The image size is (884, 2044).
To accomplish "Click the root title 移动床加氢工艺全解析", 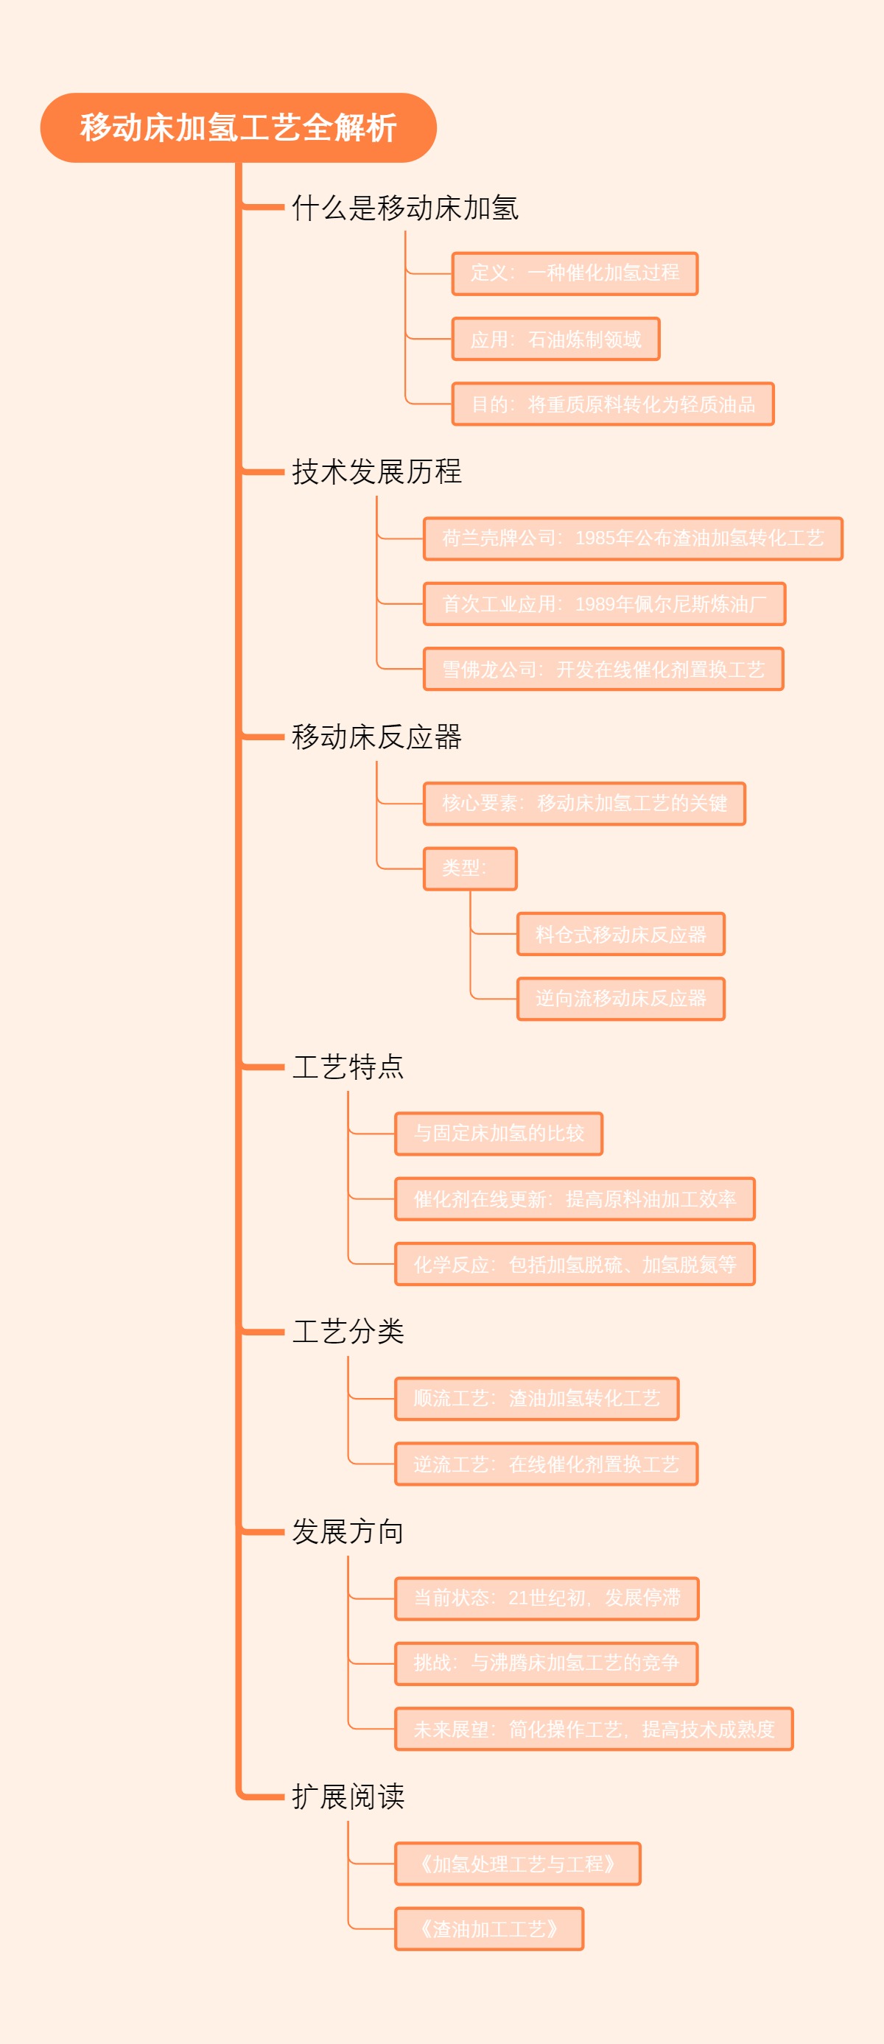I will (x=238, y=127).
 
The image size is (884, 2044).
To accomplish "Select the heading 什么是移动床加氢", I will (x=404, y=208).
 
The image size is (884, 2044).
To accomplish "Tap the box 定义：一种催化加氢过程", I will (x=575, y=274).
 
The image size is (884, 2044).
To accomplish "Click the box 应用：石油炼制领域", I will (x=555, y=340).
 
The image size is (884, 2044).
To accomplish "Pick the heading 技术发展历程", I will (x=376, y=471).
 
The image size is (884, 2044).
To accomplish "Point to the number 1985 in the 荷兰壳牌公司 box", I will (x=594, y=538).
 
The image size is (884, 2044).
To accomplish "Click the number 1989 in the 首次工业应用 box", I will (x=594, y=605).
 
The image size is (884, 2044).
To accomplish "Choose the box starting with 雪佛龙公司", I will (x=603, y=670).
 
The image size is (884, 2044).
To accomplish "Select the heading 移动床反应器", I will (x=376, y=737).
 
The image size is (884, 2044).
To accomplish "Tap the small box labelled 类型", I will (x=470, y=869).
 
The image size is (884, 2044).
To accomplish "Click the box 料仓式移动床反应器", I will (x=620, y=935).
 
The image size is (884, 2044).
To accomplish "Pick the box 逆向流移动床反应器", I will (x=620, y=999).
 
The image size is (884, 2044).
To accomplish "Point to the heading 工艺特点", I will (x=348, y=1067).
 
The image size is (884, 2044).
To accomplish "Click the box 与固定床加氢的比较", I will (x=498, y=1133).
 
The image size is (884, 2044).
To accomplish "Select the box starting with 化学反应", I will (x=575, y=1265).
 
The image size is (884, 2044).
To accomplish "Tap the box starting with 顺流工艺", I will (x=536, y=1398).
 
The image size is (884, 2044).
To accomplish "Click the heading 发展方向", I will (x=348, y=1531).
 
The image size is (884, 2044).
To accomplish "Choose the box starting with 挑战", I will (x=546, y=1663).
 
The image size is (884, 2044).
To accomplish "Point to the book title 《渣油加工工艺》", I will (x=489, y=1928).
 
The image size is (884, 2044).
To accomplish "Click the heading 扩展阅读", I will (x=348, y=1797).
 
